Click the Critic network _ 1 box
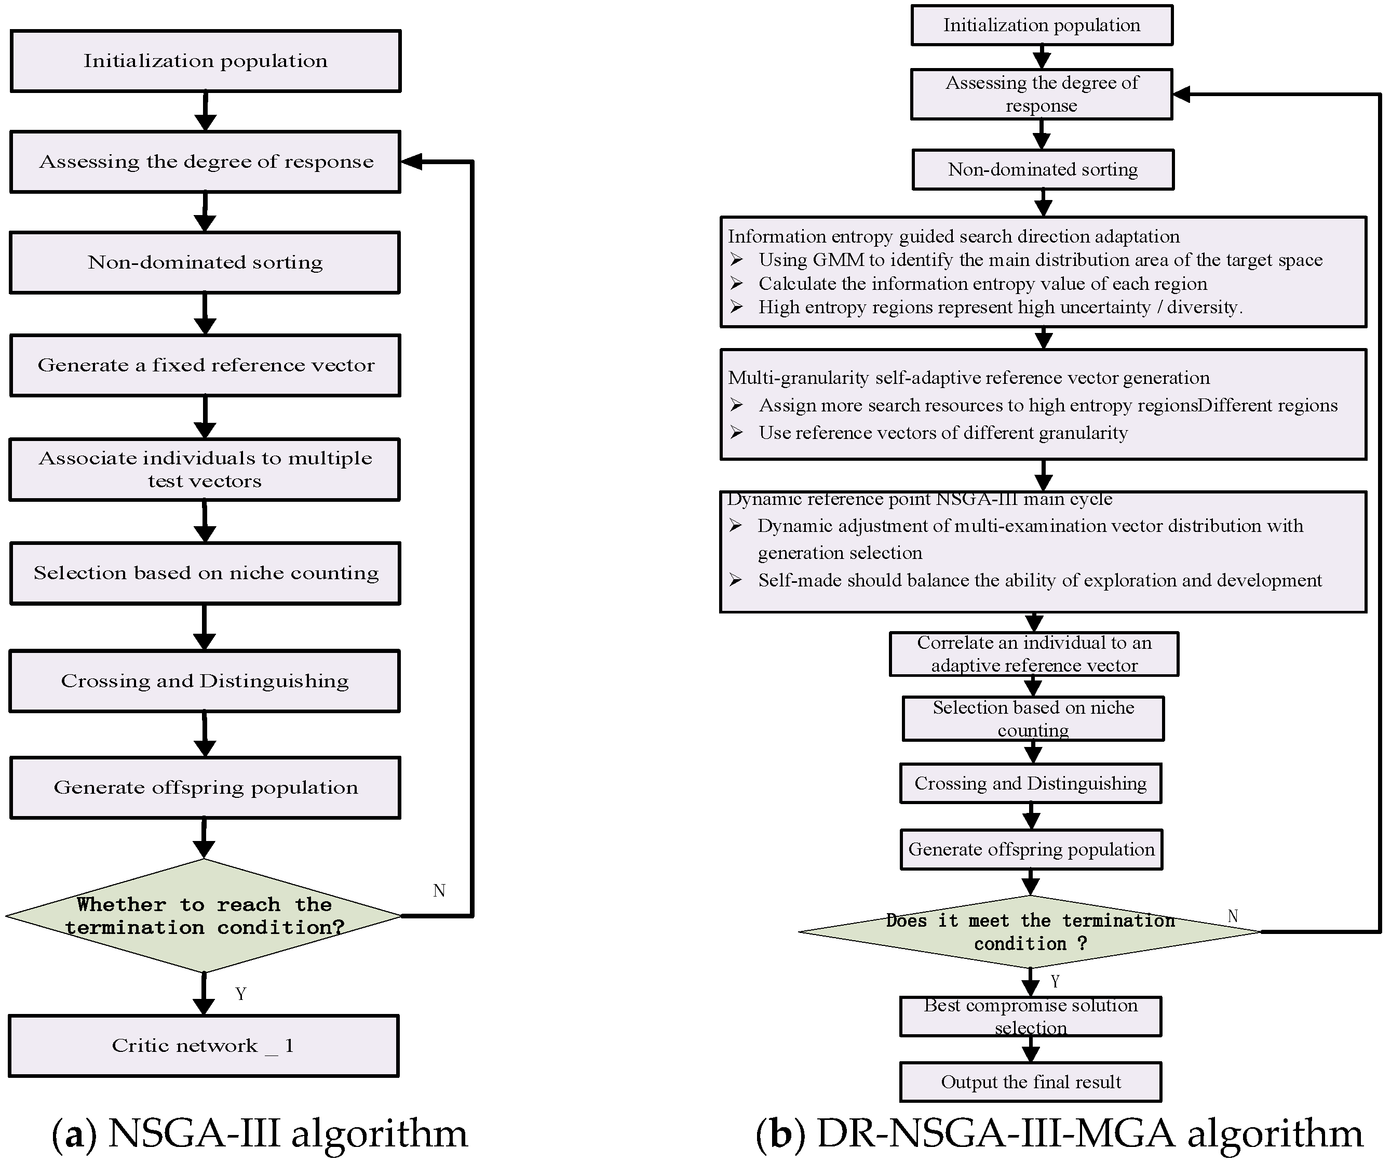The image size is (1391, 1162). [x=204, y=1046]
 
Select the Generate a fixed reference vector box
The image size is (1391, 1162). [x=205, y=365]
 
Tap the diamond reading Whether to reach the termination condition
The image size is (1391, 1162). [x=204, y=916]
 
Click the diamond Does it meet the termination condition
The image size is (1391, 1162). [x=1030, y=931]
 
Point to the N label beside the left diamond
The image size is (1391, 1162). [x=439, y=890]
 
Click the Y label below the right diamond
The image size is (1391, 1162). [x=1055, y=981]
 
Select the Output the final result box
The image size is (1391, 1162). [x=1030, y=1082]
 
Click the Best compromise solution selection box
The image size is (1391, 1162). [x=1030, y=1016]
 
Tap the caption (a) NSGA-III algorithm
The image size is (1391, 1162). [x=260, y=1133]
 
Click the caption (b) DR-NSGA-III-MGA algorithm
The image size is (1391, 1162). [x=1059, y=1133]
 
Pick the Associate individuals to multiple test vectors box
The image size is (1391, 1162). [x=205, y=469]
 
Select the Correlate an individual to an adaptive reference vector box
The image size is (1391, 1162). [x=1033, y=654]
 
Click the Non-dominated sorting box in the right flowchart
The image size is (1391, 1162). [x=1043, y=169]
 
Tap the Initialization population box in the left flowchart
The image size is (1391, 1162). [x=205, y=61]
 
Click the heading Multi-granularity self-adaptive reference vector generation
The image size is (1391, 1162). [x=968, y=378]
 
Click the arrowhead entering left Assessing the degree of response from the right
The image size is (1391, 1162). [x=411, y=162]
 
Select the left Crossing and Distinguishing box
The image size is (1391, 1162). [x=205, y=681]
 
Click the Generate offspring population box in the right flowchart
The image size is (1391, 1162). [x=1031, y=849]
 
